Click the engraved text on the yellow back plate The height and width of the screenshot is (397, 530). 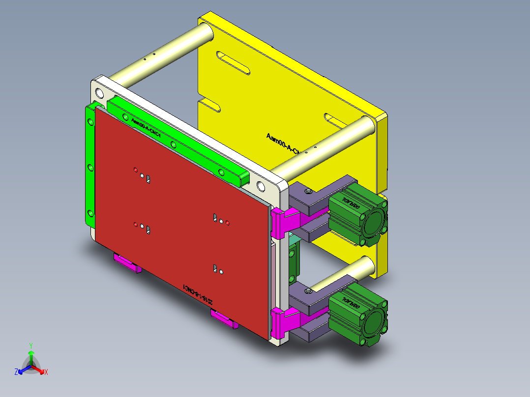[x=283, y=143]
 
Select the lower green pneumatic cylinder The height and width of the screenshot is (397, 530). [x=356, y=311]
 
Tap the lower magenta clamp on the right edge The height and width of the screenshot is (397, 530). [x=285, y=322]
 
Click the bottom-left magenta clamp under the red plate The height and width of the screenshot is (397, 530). [x=127, y=262]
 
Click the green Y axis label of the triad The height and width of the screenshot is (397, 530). [x=30, y=345]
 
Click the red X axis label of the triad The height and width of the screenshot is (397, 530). [x=46, y=372]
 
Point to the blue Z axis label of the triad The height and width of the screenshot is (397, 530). [x=16, y=372]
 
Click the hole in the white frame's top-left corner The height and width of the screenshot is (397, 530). [x=100, y=93]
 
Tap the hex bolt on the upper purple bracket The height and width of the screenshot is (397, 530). [x=308, y=191]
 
